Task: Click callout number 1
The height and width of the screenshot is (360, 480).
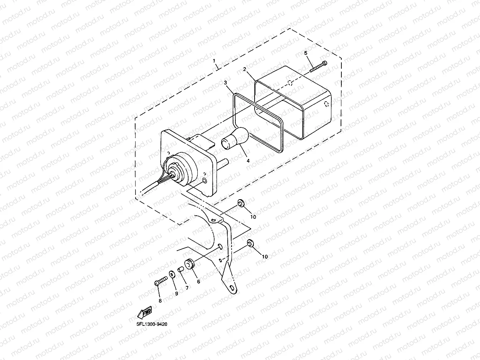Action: (214, 61)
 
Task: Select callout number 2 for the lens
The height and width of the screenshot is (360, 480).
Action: (244, 69)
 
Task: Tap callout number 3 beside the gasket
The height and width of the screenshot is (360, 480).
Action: (226, 83)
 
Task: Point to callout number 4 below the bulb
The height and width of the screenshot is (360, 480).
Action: (248, 161)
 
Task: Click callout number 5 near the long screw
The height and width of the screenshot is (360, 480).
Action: (306, 53)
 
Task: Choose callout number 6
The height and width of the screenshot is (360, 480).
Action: (199, 281)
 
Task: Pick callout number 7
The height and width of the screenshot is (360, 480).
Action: (187, 287)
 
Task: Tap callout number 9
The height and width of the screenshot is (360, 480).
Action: (177, 294)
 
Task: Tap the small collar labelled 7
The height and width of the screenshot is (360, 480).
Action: (181, 269)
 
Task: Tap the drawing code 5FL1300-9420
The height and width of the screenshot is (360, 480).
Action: (152, 324)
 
